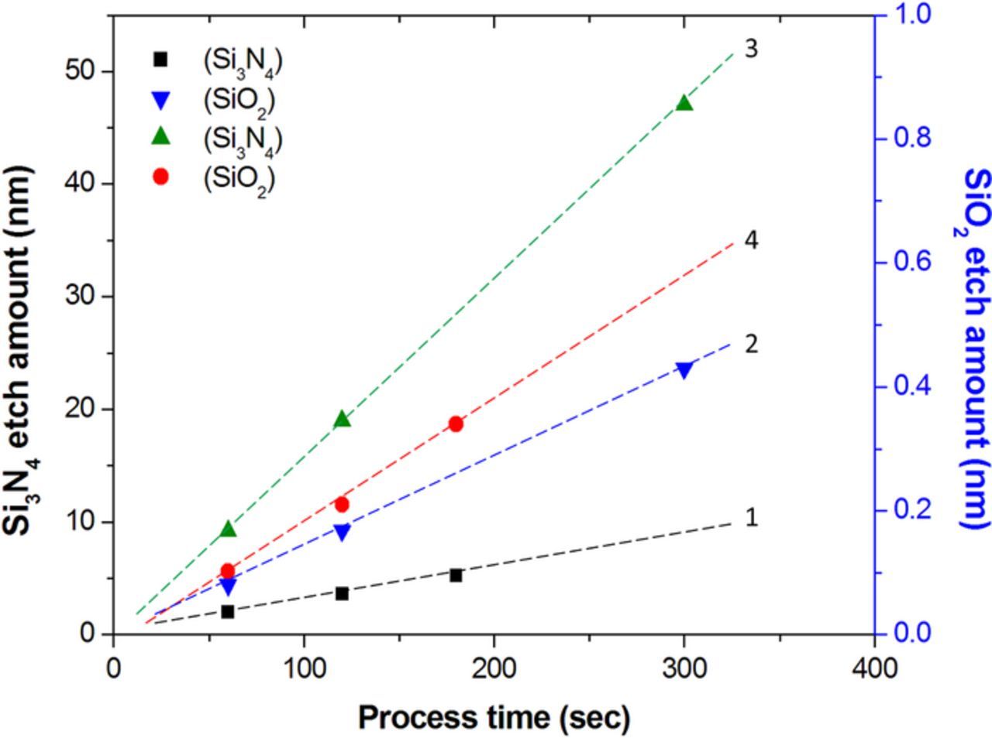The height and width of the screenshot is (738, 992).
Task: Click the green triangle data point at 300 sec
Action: (684, 103)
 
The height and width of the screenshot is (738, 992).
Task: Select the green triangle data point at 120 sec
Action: (342, 419)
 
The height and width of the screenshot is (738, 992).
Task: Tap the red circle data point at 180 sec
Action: (456, 424)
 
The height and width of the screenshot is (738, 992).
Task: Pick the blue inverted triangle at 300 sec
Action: (684, 370)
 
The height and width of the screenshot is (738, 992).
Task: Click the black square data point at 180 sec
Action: (456, 575)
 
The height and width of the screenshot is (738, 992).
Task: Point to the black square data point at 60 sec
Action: (228, 611)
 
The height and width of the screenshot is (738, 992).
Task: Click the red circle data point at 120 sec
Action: (342, 504)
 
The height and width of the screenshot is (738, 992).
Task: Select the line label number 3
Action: (750, 49)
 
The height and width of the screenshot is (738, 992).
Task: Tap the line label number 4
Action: (750, 241)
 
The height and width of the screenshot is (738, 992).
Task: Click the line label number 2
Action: (750, 344)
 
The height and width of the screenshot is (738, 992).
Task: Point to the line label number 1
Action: (750, 517)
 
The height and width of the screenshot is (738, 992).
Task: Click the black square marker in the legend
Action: (161, 58)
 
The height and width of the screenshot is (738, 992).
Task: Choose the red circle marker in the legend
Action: (161, 177)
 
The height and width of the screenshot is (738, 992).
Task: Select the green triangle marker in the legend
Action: (161, 136)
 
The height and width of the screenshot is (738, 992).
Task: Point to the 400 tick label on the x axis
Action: (874, 667)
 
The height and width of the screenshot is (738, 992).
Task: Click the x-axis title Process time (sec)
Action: (494, 717)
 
